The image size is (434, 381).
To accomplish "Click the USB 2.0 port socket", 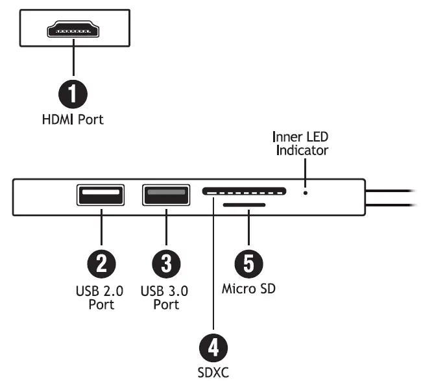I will (x=101, y=195).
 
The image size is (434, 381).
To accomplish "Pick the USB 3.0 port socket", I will (x=166, y=195).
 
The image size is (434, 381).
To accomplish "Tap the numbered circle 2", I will (x=101, y=264).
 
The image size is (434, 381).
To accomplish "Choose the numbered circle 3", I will (x=166, y=264).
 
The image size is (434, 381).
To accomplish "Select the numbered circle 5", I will (x=248, y=264).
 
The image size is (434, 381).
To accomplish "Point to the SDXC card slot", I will (x=244, y=191).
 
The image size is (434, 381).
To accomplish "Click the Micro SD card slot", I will (x=244, y=205).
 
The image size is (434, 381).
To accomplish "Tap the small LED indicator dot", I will (x=306, y=192).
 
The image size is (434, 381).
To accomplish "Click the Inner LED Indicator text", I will (x=302, y=143).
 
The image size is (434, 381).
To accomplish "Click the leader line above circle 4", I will (x=213, y=273).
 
